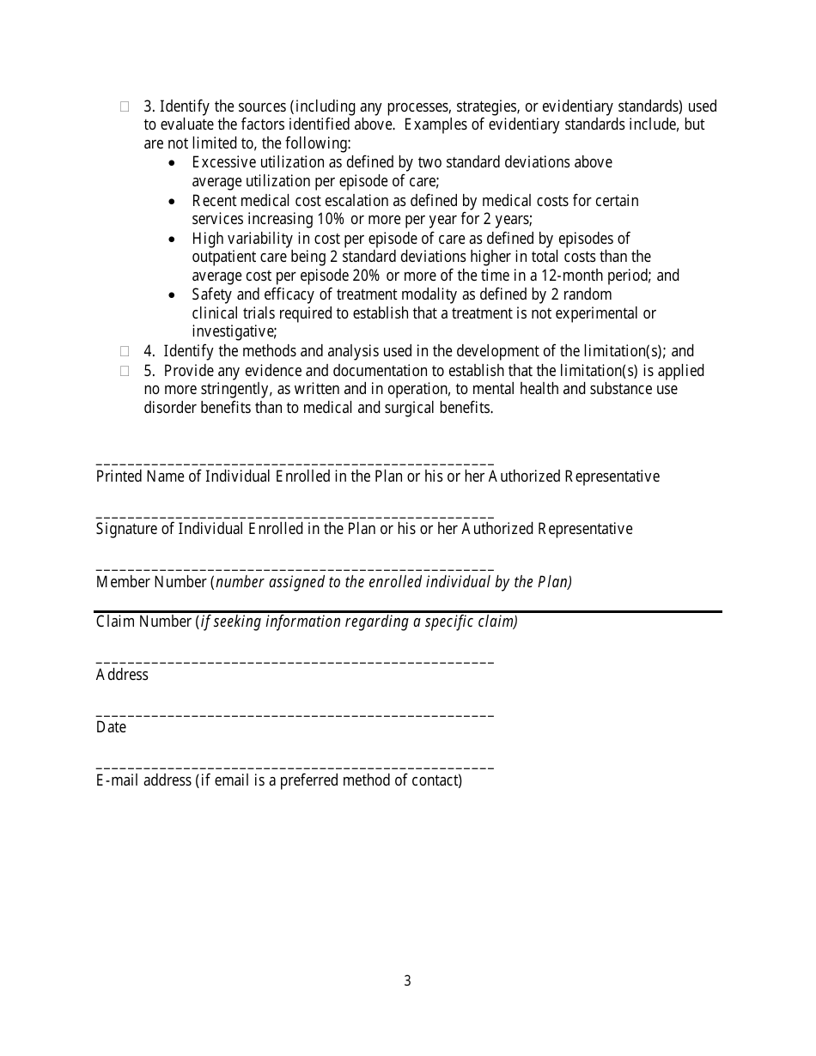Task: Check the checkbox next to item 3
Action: coord(125,107)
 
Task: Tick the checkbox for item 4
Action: coord(125,351)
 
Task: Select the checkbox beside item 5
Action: coord(125,371)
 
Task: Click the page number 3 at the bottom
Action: coord(407,980)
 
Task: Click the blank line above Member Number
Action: coord(295,569)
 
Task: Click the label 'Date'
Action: coord(111,727)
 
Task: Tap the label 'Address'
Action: coord(122,675)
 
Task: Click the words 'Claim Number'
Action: coord(144,622)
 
